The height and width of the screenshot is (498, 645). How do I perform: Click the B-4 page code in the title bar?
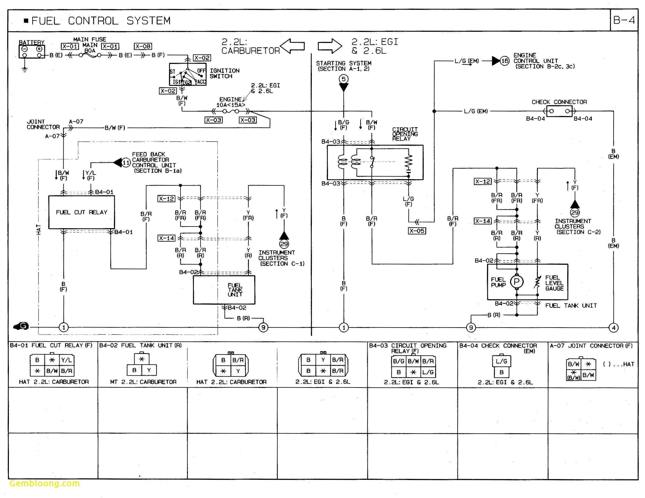click(x=624, y=20)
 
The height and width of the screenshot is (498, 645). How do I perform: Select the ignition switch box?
click(x=187, y=74)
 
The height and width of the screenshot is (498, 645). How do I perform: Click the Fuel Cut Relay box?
click(x=81, y=212)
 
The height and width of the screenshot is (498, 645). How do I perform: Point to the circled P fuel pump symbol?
click(x=517, y=282)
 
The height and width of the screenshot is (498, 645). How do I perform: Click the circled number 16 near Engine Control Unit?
click(x=505, y=61)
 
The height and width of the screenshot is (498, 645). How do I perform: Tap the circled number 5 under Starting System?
click(x=343, y=79)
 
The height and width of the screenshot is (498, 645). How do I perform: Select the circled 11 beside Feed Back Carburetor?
click(x=126, y=162)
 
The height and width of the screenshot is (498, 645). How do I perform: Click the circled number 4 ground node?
click(x=613, y=327)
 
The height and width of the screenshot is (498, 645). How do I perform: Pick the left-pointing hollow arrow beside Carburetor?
click(x=292, y=46)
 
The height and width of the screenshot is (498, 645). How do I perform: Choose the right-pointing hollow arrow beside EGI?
click(x=330, y=46)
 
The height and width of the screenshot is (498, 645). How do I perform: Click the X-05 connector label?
click(x=417, y=231)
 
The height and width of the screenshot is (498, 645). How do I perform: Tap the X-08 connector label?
click(x=143, y=46)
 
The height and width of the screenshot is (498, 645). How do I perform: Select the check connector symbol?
click(x=559, y=111)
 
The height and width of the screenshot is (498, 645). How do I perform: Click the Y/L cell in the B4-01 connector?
click(x=67, y=360)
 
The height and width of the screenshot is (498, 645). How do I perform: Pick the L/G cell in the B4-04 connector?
click(x=501, y=361)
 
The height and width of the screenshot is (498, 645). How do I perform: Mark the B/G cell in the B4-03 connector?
click(x=399, y=361)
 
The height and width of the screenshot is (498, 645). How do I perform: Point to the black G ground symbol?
click(x=21, y=326)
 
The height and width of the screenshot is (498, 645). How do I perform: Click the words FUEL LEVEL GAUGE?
click(x=554, y=283)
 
